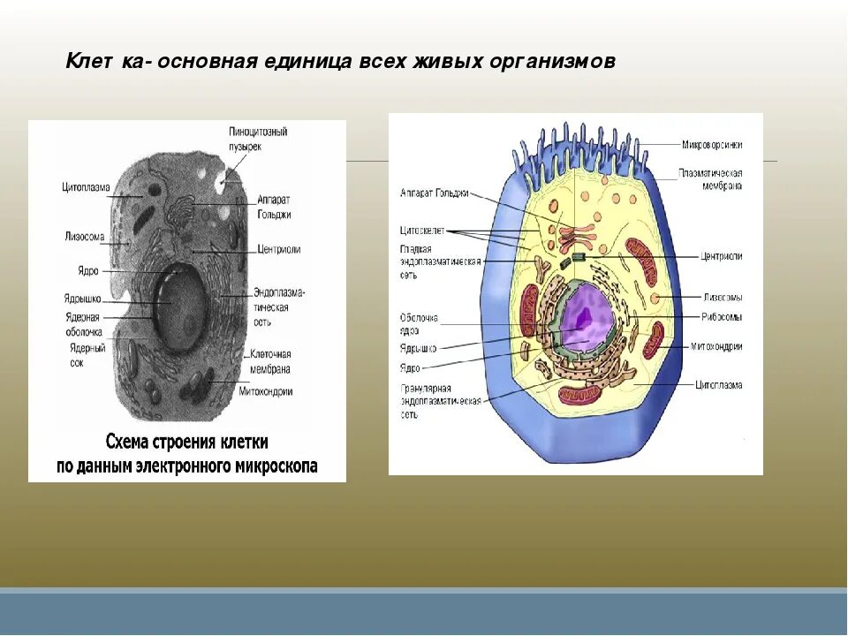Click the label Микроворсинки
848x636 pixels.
pyautogui.click(x=710, y=144)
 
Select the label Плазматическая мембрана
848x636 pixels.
pyautogui.click(x=710, y=178)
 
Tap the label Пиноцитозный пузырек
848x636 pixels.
pyautogui.click(x=258, y=139)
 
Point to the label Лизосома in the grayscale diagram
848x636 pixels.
pyautogui.click(x=84, y=237)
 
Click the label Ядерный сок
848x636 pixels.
pyautogui.click(x=87, y=354)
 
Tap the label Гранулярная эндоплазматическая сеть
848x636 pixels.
pyautogui.click(x=440, y=401)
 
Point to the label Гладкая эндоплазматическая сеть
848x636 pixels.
pyautogui.click(x=439, y=261)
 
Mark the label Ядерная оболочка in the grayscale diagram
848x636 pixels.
pyautogui.click(x=83, y=323)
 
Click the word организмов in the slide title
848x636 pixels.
pyautogui.click(x=564, y=63)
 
